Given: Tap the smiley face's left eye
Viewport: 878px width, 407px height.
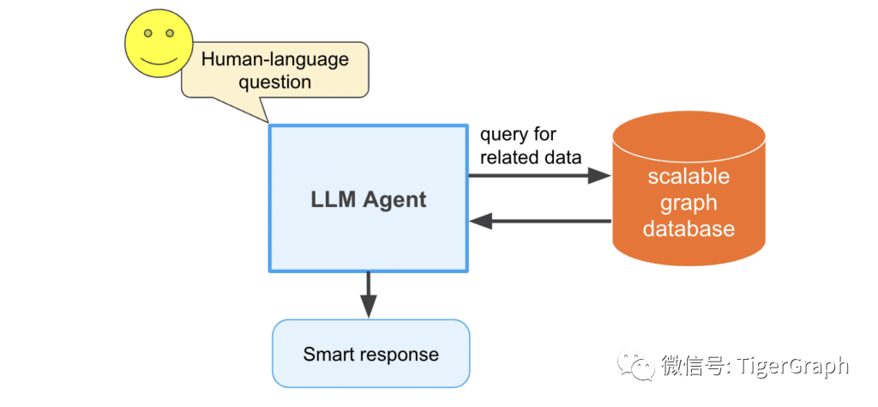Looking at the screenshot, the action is pos(147,33).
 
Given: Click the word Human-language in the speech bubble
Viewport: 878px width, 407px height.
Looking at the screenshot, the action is pos(275,59).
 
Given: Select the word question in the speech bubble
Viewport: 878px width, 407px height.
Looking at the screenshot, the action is pos(275,82).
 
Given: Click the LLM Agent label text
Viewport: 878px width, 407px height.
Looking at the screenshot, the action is pos(369,199).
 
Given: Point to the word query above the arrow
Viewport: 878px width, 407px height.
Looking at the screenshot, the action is pos(502,136).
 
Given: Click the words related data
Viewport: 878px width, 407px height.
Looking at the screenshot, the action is pos(531,157).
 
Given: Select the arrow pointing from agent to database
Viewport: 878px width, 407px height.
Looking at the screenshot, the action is pos(539,176).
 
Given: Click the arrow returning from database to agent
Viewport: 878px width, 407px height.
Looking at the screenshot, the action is pos(540,221).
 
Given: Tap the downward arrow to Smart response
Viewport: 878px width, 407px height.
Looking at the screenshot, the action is pos(368,295).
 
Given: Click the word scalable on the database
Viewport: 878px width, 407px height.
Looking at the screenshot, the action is pos(689,176).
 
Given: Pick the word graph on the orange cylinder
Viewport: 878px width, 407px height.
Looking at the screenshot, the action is pos(689,203).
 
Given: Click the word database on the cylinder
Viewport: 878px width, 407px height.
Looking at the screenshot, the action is pos(689,228).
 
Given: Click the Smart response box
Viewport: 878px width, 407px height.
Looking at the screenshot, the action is pos(370,353).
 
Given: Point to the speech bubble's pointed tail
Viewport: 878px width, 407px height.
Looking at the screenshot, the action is pos(268,121).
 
